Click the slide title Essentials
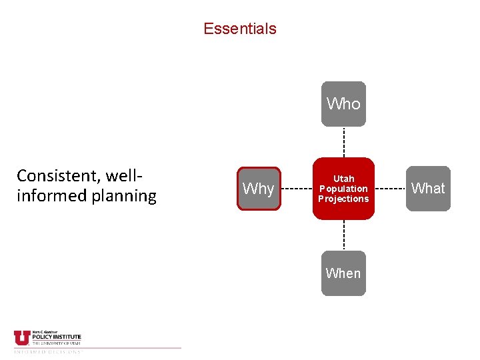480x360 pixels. tap(239, 29)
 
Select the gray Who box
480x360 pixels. tap(343, 104)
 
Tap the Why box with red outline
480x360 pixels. tap(259, 189)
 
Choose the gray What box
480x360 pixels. tap(428, 189)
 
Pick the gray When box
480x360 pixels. tap(343, 273)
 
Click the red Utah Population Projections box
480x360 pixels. tap(343, 189)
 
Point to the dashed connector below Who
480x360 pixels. tap(343, 141)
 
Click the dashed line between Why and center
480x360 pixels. tap(297, 189)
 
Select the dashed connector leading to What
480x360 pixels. tap(390, 189)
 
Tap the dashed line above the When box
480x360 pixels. tap(343, 235)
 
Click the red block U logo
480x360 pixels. tap(21, 338)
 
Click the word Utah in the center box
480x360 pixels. tap(343, 179)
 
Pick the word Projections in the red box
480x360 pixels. tap(343, 199)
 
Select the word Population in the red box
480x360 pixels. tap(343, 189)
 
